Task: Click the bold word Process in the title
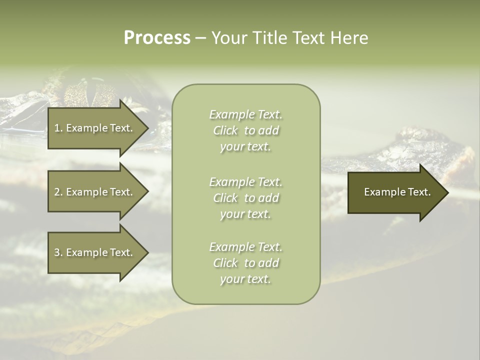tap(157, 38)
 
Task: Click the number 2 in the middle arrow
tap(57, 192)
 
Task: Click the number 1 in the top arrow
tap(57, 128)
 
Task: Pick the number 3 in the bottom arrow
tap(57, 252)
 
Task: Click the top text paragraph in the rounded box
tap(245, 130)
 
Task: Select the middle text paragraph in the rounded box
tap(245, 198)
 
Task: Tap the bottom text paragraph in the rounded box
tap(245, 263)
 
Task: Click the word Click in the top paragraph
tap(225, 130)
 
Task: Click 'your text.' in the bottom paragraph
tap(245, 279)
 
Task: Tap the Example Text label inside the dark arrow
tap(397, 192)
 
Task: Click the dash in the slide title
tap(200, 38)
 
